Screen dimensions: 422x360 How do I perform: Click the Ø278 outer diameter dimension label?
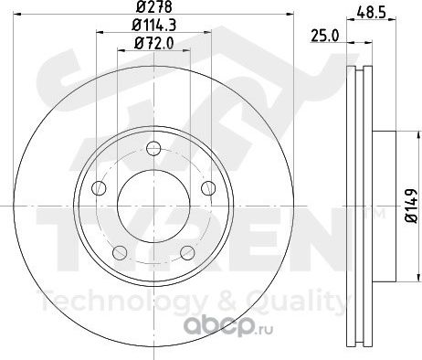pyautogui.click(x=154, y=6)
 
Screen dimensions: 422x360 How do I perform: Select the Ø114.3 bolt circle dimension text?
pyautogui.click(x=154, y=26)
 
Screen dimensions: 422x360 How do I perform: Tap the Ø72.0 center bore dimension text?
pyautogui.click(x=154, y=44)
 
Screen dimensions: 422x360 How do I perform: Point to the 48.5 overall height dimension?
pyautogui.click(x=372, y=13)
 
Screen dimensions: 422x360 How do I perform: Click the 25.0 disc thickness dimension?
pyautogui.click(x=325, y=37)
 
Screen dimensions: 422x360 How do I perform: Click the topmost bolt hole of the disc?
pyautogui.click(x=153, y=149)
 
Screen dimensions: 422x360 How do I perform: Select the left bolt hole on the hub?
pyautogui.click(x=99, y=187)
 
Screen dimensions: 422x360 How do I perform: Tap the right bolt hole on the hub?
pyautogui.click(x=208, y=187)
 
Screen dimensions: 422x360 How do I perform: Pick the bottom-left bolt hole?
pyautogui.click(x=120, y=252)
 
